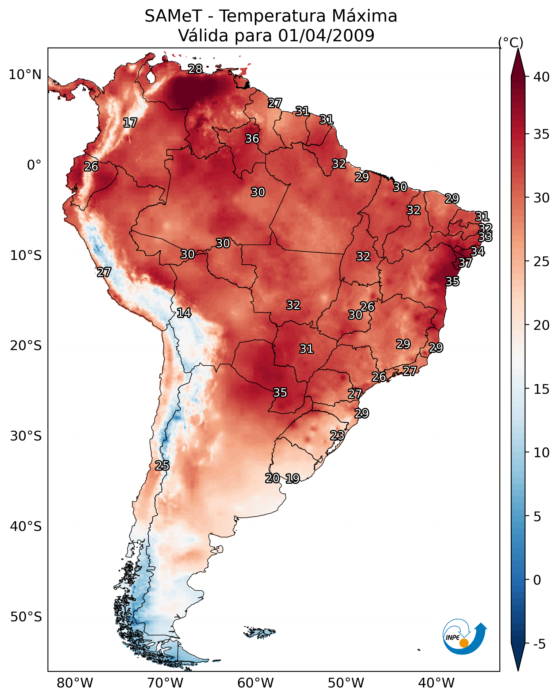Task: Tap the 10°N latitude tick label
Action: [25, 75]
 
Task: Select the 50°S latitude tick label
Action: [26, 617]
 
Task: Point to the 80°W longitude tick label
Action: [75, 683]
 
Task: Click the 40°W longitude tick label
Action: [436, 683]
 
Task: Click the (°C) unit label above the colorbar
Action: [511, 42]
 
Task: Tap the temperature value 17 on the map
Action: [130, 123]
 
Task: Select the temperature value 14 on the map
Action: [184, 313]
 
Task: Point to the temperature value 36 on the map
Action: [252, 138]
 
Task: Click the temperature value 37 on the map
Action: [465, 263]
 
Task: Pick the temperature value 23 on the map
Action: [337, 435]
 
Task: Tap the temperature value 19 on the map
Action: [293, 479]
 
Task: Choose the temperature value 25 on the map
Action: [162, 466]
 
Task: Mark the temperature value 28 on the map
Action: [195, 69]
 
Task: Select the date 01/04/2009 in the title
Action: [326, 36]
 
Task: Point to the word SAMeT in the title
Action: [173, 16]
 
